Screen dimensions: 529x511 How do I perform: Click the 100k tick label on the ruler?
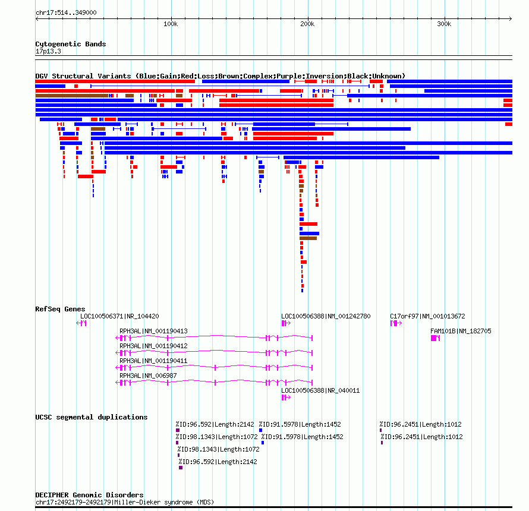[171, 24]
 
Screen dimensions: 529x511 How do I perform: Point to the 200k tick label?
[307, 24]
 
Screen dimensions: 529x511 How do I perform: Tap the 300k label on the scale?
[444, 24]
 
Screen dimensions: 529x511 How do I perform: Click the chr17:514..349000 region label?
[66, 12]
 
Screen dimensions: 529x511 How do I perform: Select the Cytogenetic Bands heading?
[71, 44]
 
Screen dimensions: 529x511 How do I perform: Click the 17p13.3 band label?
[48, 51]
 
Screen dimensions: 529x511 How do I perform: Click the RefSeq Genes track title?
[60, 309]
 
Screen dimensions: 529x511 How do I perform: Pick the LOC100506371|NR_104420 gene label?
[119, 316]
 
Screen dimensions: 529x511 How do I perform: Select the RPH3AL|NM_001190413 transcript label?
[153, 331]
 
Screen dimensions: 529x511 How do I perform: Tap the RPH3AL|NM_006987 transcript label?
[148, 376]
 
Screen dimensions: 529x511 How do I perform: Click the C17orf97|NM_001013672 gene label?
[427, 316]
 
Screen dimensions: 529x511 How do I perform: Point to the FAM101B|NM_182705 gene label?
[461, 331]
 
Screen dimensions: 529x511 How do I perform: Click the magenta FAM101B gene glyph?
[436, 338]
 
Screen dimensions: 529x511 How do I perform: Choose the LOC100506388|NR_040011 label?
[320, 390]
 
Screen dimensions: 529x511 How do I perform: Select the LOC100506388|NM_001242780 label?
[326, 316]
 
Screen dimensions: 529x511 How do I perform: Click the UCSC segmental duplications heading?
[92, 417]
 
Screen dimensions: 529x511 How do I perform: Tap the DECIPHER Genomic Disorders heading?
[89, 495]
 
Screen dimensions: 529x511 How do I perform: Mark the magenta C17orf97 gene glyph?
[396, 323]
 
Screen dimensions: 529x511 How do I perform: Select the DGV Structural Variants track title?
[221, 76]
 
